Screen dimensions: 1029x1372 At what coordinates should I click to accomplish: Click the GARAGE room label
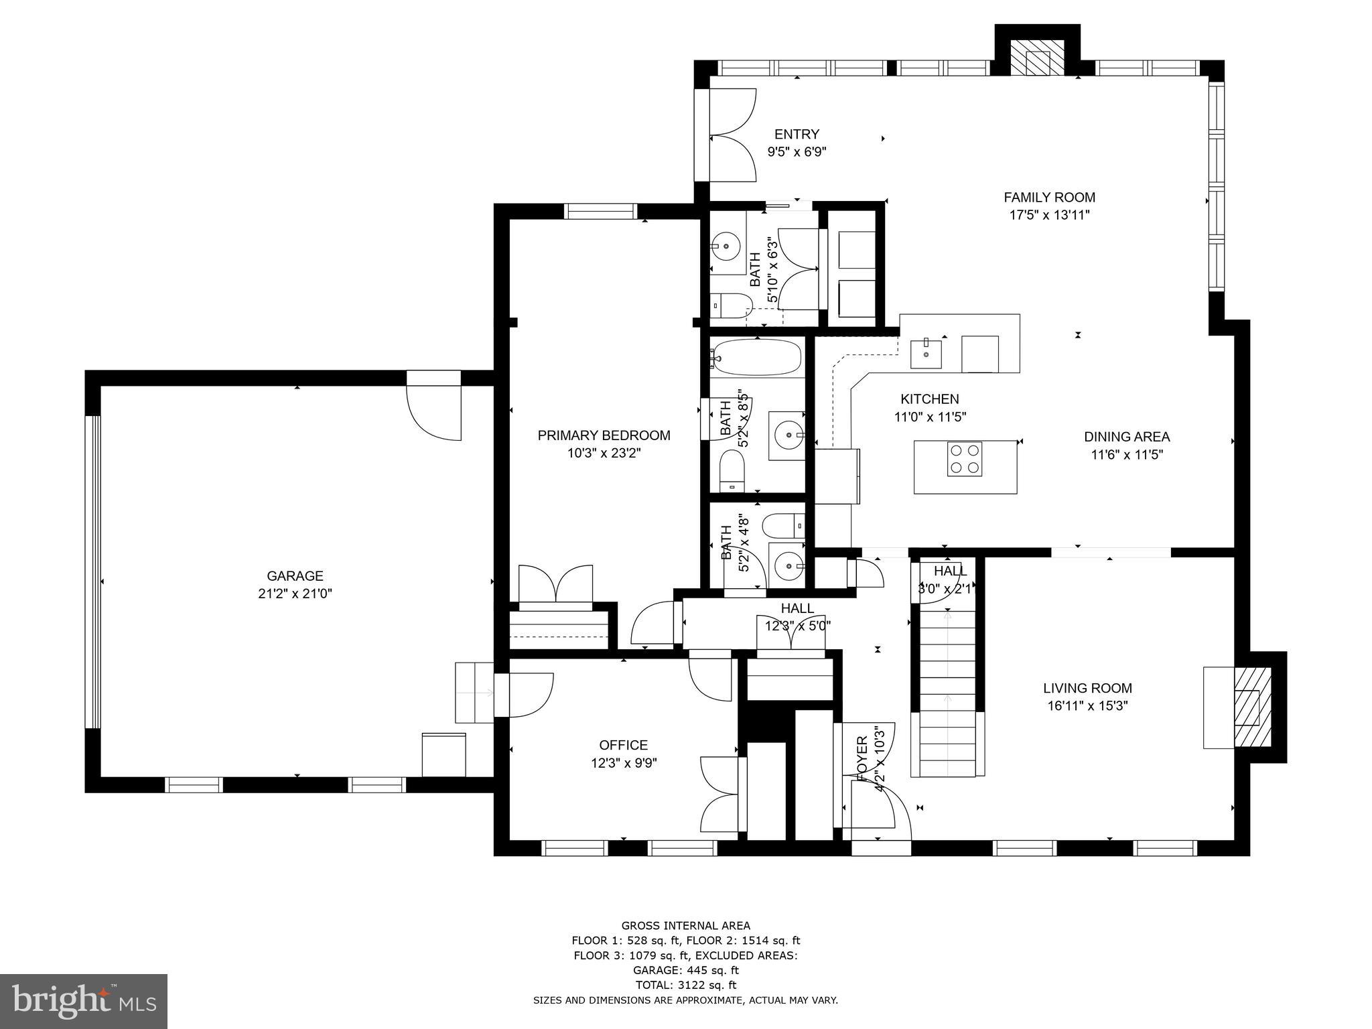(x=295, y=575)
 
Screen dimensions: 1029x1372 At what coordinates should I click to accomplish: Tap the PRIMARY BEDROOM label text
(x=604, y=435)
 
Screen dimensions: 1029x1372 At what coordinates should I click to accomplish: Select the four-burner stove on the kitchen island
(x=965, y=459)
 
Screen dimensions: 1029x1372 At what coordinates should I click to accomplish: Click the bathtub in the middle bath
(x=757, y=358)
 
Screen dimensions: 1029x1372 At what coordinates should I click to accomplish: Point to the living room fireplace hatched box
(x=1253, y=707)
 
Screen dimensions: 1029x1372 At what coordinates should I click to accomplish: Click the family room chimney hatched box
(x=1037, y=57)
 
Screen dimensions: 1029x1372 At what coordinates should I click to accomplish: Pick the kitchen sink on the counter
(x=926, y=354)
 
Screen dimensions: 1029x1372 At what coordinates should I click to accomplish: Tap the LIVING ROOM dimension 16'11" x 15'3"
(x=1087, y=705)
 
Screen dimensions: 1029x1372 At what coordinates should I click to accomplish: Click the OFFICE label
(x=623, y=745)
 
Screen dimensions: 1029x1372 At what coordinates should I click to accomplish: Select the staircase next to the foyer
(x=947, y=697)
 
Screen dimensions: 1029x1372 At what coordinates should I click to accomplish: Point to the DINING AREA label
(x=1127, y=437)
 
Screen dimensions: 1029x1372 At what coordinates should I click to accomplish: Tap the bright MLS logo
(x=84, y=1001)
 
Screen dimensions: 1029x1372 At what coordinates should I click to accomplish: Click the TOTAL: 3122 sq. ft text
(x=685, y=985)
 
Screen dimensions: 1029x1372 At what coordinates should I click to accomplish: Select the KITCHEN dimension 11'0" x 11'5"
(x=930, y=417)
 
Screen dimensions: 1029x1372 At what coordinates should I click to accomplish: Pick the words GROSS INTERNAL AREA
(x=685, y=926)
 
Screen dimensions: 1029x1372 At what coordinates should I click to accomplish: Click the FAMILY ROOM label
(x=1049, y=197)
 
